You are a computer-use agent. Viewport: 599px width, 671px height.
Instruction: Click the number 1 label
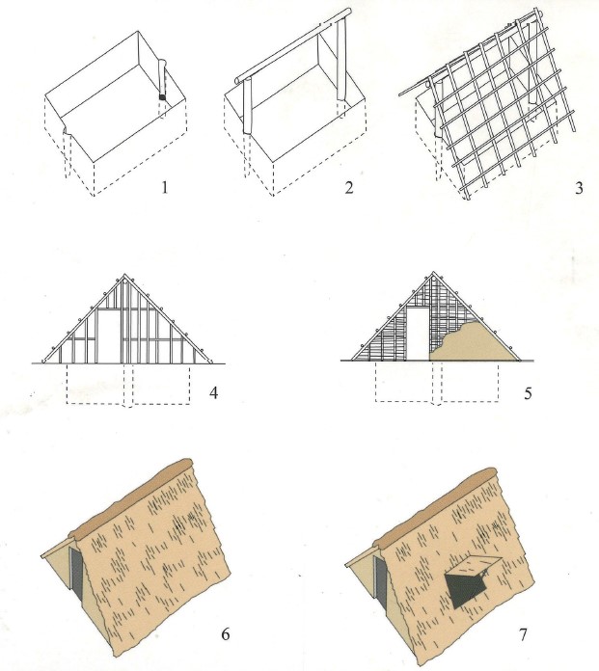point(164,187)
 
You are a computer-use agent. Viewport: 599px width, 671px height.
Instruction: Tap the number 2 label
point(349,187)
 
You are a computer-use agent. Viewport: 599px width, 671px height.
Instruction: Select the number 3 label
point(579,187)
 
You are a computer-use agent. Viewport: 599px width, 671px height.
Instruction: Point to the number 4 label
point(214,392)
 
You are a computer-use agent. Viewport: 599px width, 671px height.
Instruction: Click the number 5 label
point(528,392)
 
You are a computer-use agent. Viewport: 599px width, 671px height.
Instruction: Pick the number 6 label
point(226,633)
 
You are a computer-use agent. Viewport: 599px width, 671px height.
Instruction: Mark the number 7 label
point(523,634)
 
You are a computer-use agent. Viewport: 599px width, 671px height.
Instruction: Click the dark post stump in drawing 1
point(162,97)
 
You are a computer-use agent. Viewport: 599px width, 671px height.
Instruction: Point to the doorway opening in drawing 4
point(109,336)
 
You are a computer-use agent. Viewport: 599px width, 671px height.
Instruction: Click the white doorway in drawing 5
point(417,333)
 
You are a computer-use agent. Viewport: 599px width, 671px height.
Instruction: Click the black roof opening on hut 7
point(462,588)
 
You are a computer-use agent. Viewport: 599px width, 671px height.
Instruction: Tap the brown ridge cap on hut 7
point(435,506)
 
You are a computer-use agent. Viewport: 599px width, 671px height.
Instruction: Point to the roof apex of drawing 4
point(124,275)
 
